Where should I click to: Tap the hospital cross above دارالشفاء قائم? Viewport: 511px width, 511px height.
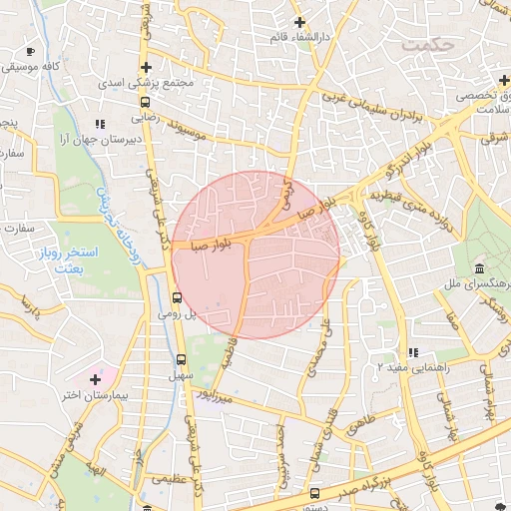(298, 22)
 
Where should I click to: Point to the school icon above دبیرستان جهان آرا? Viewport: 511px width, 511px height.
(99, 124)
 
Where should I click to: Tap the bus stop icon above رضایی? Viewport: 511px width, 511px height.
(147, 101)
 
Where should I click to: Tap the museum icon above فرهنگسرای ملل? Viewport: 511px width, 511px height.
(480, 270)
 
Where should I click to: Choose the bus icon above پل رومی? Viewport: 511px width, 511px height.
(177, 296)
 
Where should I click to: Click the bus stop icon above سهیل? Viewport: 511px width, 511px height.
(181, 359)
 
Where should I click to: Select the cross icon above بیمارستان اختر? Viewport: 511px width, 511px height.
(95, 379)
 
